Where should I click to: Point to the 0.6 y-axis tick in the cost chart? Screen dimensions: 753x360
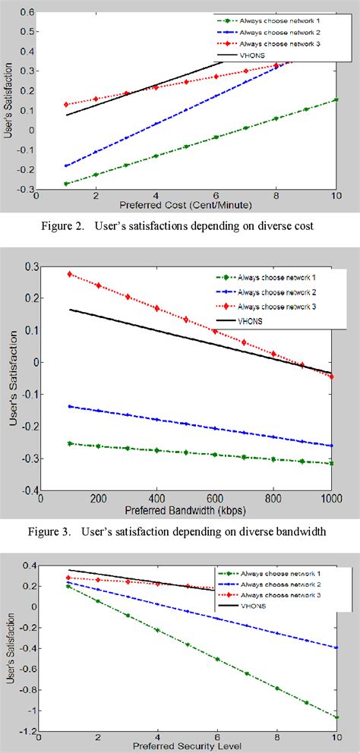click(x=25, y=13)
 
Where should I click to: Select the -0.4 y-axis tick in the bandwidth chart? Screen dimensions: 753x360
click(x=25, y=491)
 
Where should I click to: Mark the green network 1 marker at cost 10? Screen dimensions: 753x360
click(x=335, y=100)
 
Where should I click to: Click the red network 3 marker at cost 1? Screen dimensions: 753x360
click(x=67, y=105)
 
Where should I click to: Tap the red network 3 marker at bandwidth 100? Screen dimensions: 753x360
click(x=71, y=274)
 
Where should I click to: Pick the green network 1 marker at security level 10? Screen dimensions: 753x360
click(x=335, y=717)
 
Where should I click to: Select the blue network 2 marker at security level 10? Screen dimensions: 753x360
click(x=335, y=647)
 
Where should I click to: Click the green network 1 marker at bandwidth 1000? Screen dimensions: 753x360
click(x=331, y=463)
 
